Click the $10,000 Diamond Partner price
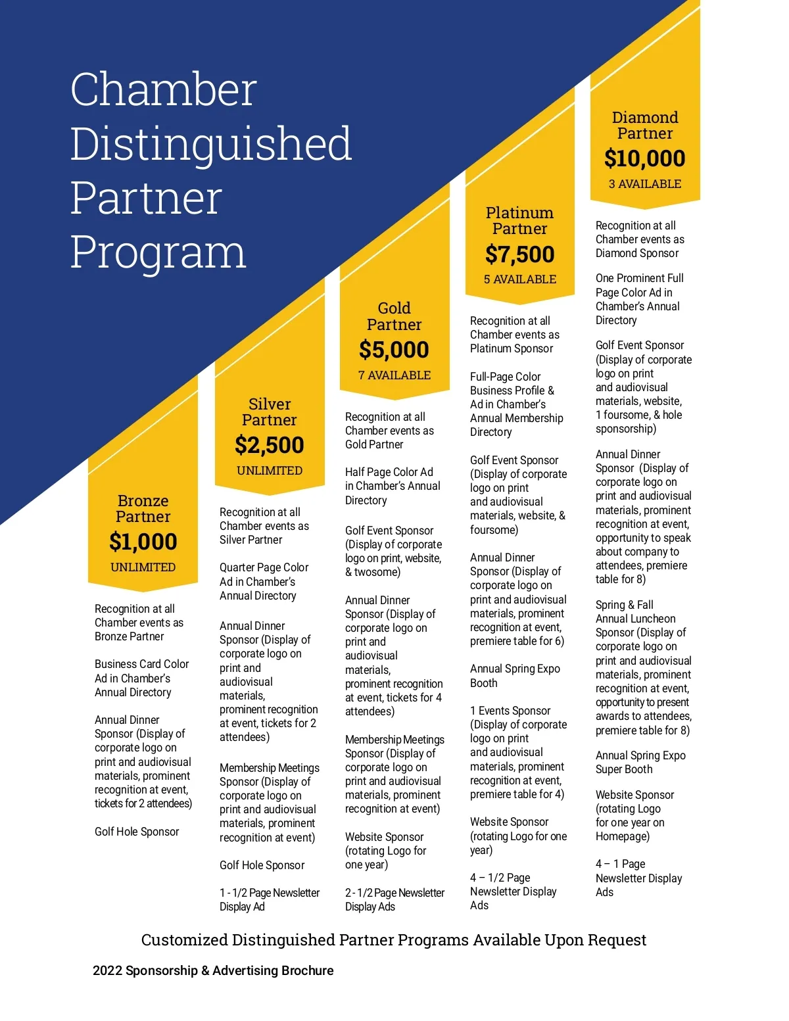tap(644, 158)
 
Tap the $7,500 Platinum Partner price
tap(519, 254)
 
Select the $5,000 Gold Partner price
tap(394, 350)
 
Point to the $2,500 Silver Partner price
tap(270, 445)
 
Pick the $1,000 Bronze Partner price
tap(143, 542)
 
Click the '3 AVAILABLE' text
tap(644, 184)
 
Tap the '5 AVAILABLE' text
tap(519, 279)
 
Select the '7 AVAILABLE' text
tap(394, 375)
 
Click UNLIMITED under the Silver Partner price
tap(270, 471)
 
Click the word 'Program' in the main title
tap(158, 252)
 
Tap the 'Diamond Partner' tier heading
tap(644, 126)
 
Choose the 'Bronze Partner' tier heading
tap(143, 509)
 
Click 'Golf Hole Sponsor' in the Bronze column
tap(137, 832)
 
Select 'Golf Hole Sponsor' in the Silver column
tap(262, 865)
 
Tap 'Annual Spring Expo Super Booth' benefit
tap(640, 763)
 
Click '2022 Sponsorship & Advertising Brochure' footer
tap(213, 970)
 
